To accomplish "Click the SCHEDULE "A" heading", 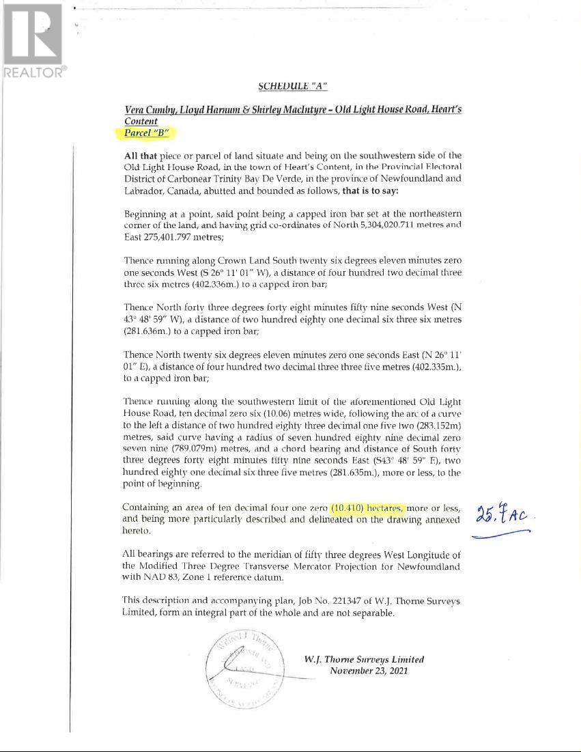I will coord(293,86).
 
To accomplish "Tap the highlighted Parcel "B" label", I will coord(146,133).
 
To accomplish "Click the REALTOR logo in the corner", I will coord(33,40).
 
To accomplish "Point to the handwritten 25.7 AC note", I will coord(502,514).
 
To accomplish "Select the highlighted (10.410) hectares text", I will coord(367,508).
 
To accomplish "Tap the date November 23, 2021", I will coord(369,671).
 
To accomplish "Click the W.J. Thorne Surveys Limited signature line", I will coord(364,659).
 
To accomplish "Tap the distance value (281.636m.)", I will coord(149,331).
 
